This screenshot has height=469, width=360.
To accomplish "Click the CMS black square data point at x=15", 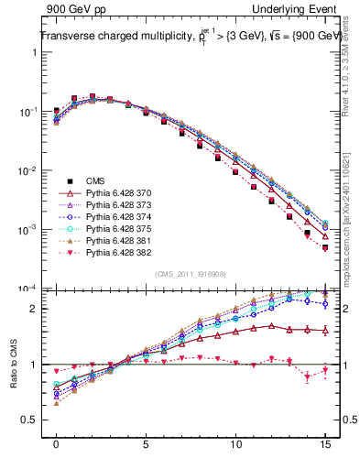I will click(325, 247).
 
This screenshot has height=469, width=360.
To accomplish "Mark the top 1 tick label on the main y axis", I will click(37, 52).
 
